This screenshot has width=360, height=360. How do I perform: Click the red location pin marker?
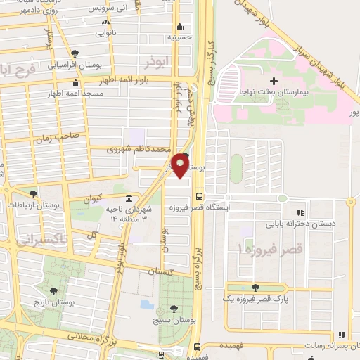tap(181, 166)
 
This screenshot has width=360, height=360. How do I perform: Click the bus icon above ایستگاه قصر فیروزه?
tap(199, 197)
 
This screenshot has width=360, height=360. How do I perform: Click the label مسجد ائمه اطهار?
tap(72, 93)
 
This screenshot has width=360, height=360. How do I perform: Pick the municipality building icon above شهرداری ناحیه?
tap(128, 198)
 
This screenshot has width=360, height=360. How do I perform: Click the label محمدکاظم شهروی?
tap(139, 149)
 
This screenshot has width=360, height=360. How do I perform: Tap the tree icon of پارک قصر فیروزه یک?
tap(254, 287)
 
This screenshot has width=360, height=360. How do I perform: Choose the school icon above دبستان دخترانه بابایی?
tap(300, 212)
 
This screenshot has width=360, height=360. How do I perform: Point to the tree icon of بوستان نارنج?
tap(53, 291)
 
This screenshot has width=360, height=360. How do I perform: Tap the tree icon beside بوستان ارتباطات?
tap(33, 194)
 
